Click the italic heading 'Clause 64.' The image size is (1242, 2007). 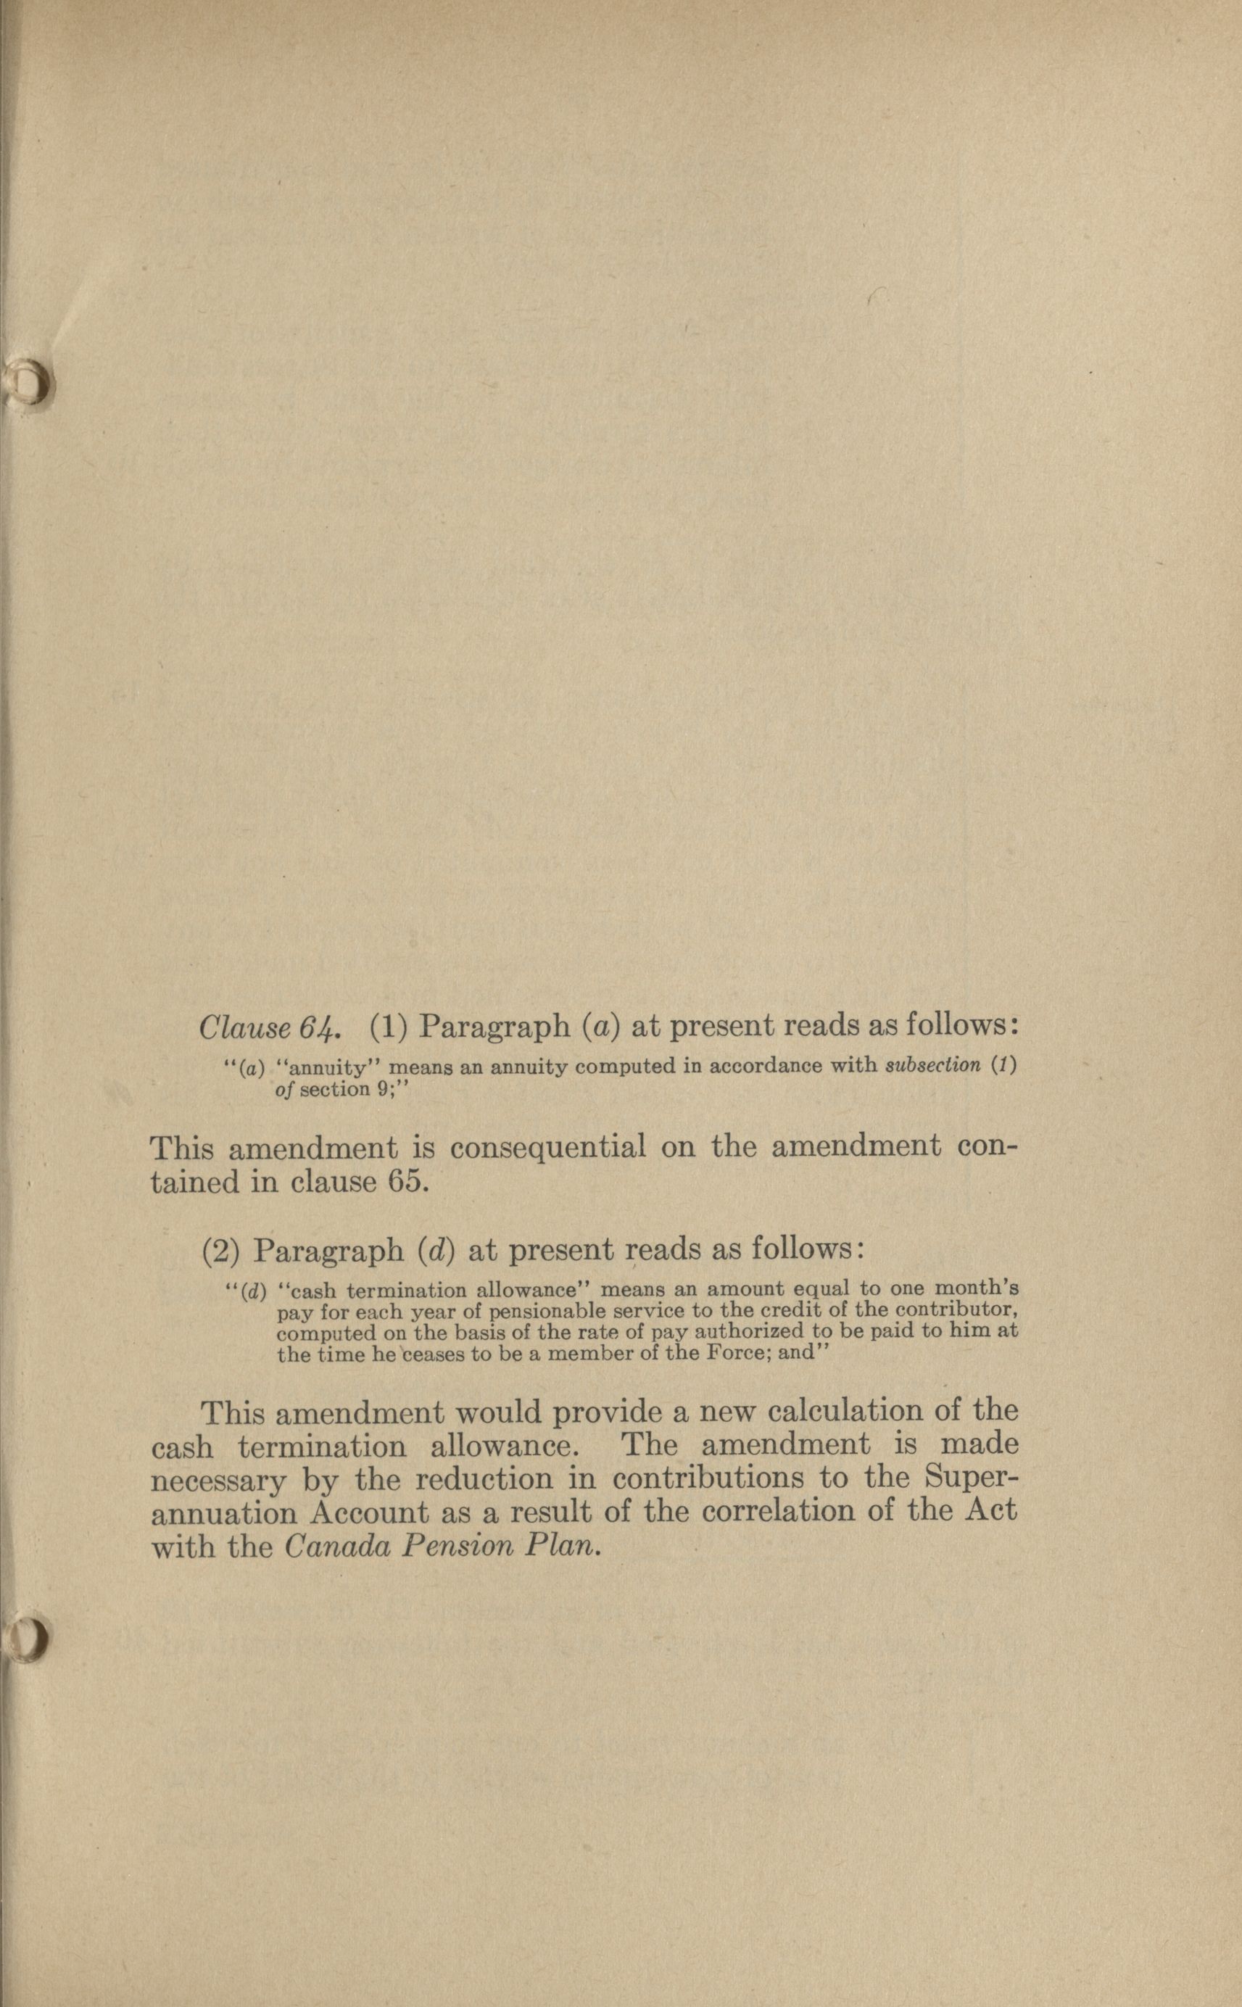pos(270,1027)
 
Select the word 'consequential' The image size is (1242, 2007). pos(548,1146)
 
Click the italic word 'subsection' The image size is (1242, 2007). pos(934,1065)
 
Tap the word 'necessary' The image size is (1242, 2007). pos(219,1481)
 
